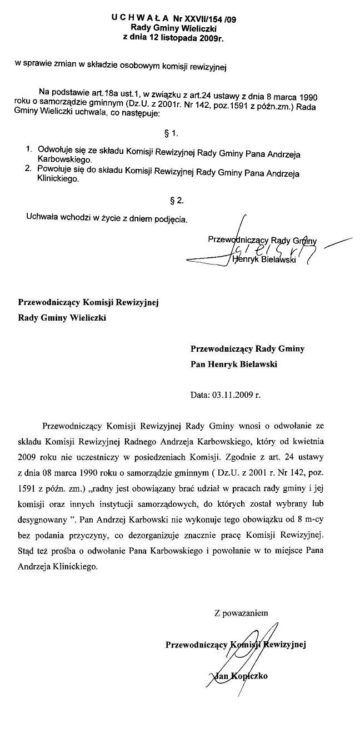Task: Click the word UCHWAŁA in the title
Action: coord(135,17)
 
